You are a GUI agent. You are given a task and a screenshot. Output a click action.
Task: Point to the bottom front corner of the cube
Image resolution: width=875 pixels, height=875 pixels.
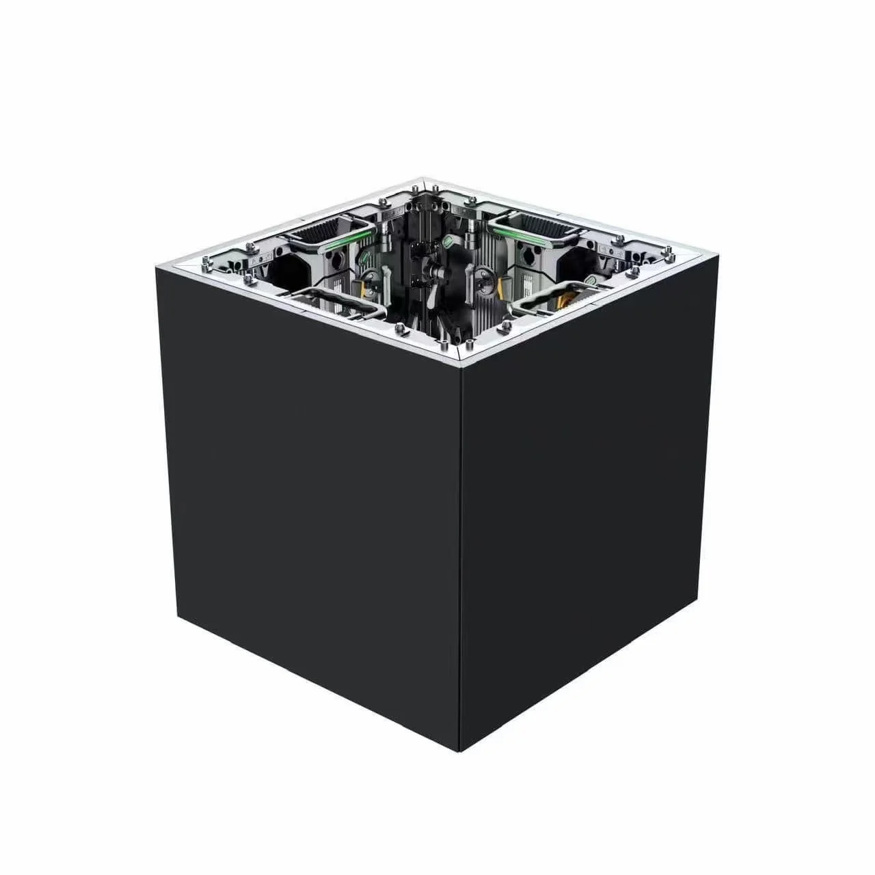click(x=462, y=750)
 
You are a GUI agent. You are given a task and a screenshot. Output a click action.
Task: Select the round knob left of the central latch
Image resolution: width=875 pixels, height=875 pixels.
click(x=370, y=277)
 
